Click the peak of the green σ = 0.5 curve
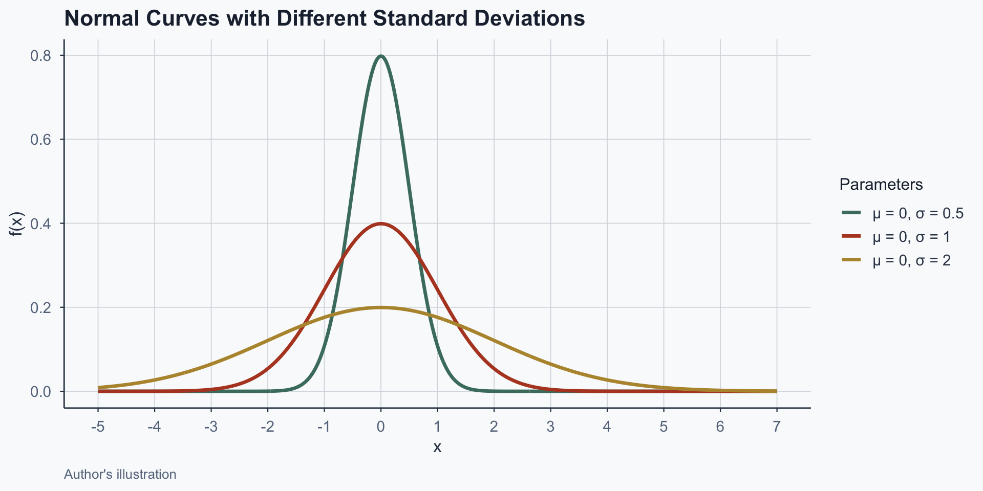[x=380, y=56]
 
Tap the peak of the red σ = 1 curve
[x=380, y=224]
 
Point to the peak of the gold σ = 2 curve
[x=380, y=307]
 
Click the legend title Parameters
[x=881, y=184]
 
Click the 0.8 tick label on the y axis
[x=40, y=56]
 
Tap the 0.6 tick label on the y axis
[x=40, y=140]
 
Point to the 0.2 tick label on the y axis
[x=40, y=307]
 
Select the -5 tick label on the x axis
[x=98, y=427]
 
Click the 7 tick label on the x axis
[x=777, y=427]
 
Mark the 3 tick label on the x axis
[x=550, y=427]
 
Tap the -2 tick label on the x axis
[x=267, y=427]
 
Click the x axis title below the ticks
[x=437, y=448]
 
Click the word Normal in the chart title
[x=101, y=19]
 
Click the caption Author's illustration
[x=120, y=474]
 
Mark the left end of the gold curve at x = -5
[x=98, y=387]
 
